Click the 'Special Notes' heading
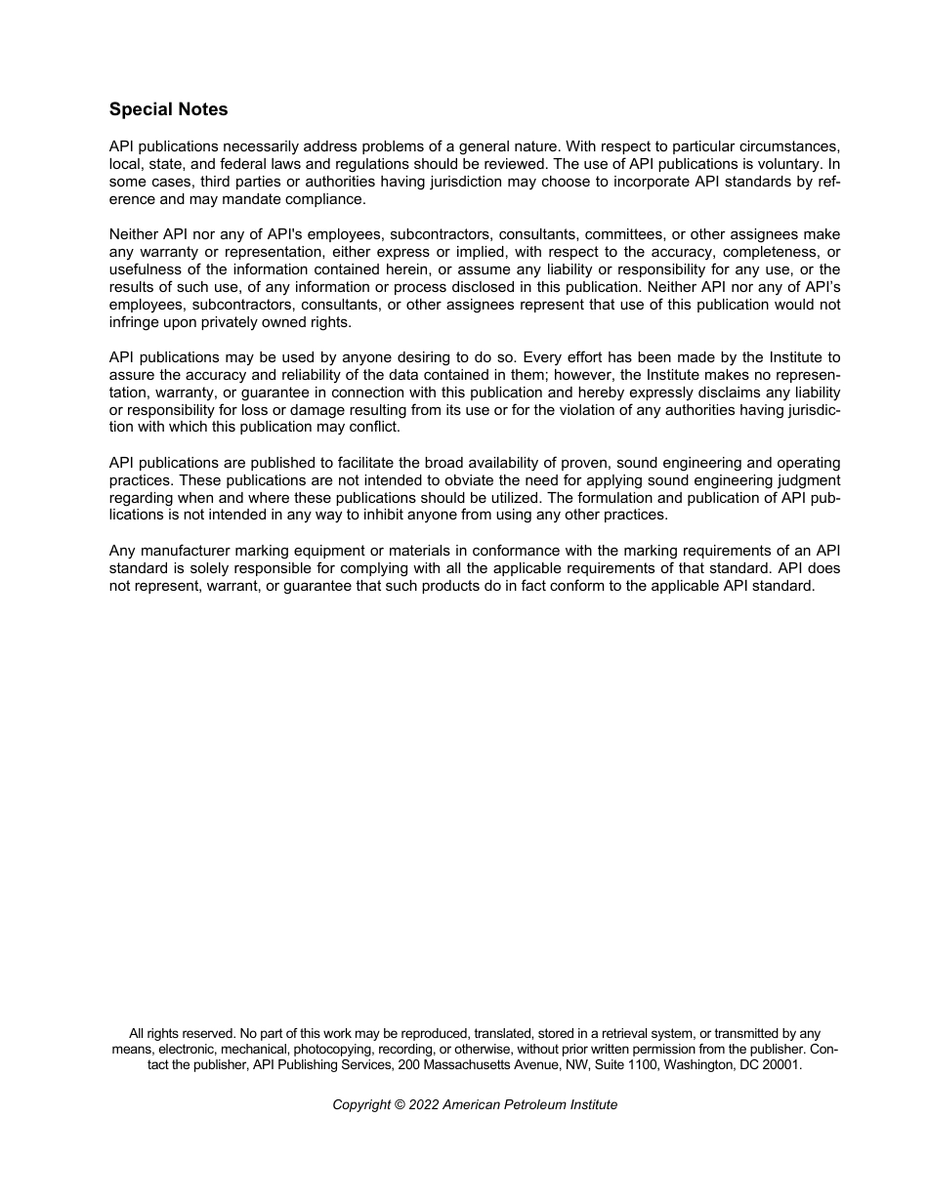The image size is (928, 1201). click(x=168, y=109)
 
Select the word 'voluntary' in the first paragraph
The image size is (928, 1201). click(x=789, y=164)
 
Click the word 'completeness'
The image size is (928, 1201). click(x=766, y=252)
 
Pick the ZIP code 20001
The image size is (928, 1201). click(x=780, y=1065)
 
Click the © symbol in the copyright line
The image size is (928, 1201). click(x=401, y=1105)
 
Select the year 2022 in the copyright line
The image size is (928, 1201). click(x=425, y=1105)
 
